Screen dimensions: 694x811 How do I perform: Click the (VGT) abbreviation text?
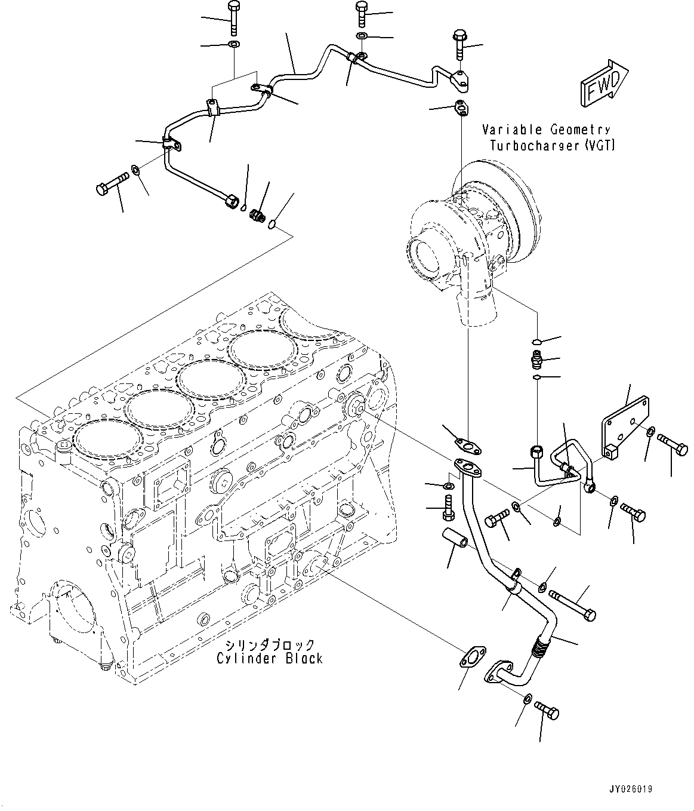600,146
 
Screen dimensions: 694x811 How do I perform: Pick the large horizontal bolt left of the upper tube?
112,184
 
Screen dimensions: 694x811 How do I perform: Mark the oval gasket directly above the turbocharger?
461,108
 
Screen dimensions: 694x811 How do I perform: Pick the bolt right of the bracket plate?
673,444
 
